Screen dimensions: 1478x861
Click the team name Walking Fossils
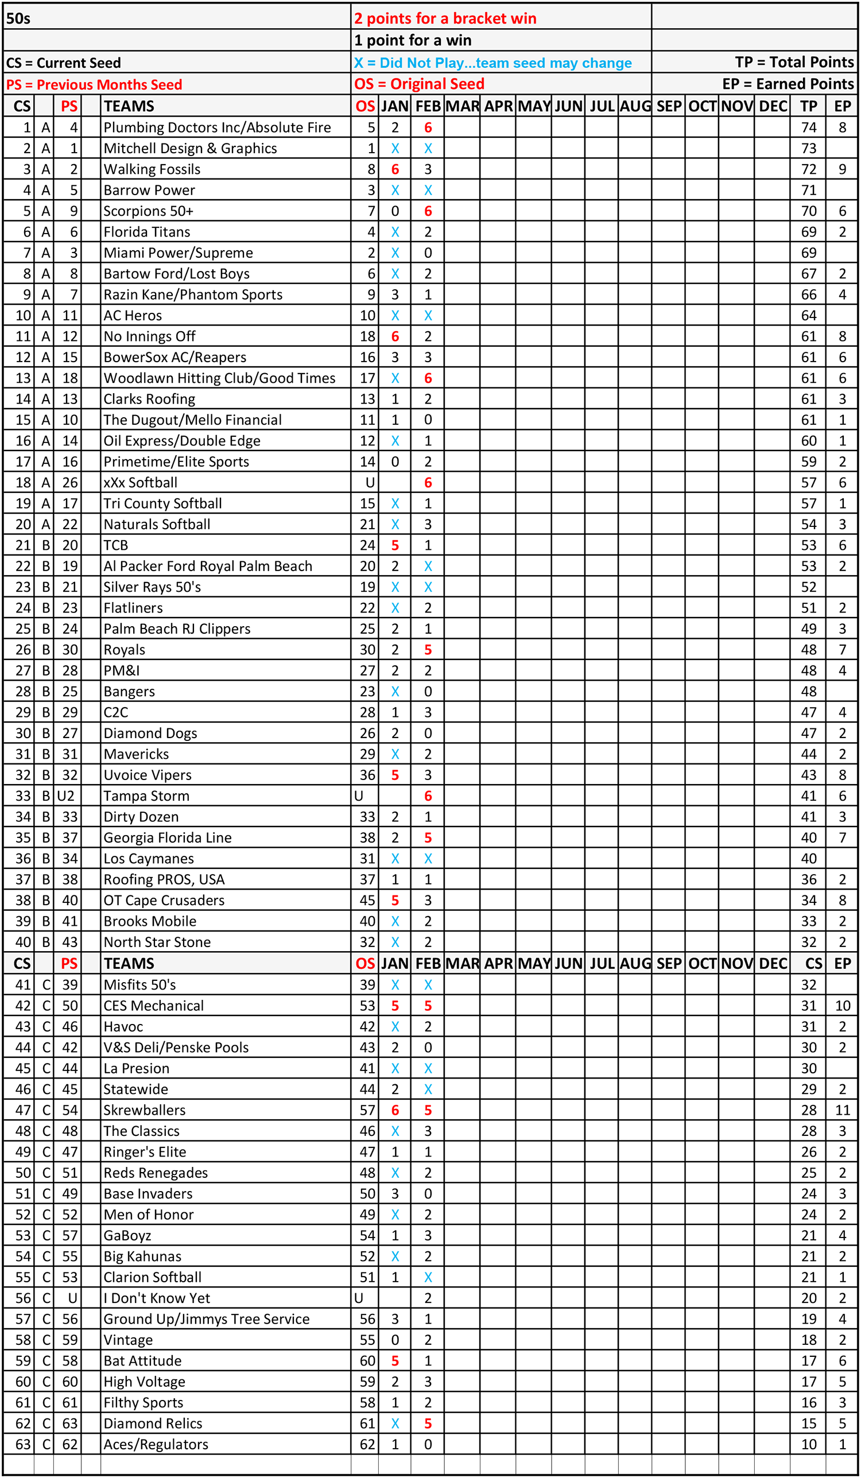(x=152, y=169)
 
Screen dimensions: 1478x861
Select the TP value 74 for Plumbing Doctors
(x=809, y=128)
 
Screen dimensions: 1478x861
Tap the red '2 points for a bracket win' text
(x=445, y=19)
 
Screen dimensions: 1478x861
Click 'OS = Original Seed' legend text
(x=419, y=84)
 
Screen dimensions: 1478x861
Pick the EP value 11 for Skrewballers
(x=842, y=1110)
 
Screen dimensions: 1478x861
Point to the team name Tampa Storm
(x=146, y=796)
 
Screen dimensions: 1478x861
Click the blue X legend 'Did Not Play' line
(x=492, y=63)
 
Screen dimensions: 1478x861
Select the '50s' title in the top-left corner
(x=18, y=19)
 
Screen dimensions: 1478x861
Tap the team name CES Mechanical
(x=154, y=1006)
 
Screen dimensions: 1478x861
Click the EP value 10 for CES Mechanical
(x=842, y=1006)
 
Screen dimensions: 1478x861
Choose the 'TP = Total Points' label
(x=794, y=62)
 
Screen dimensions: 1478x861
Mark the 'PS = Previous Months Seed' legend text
(x=94, y=84)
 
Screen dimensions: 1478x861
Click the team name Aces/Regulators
(x=156, y=1444)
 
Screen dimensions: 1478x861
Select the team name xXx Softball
(x=140, y=483)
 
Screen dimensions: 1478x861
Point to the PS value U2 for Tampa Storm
(x=65, y=796)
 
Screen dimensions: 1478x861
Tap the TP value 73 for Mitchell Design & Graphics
(x=809, y=149)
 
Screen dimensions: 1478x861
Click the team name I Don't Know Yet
(x=157, y=1298)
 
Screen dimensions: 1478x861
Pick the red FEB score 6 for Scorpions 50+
(x=428, y=211)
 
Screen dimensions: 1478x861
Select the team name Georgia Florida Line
(x=168, y=837)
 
